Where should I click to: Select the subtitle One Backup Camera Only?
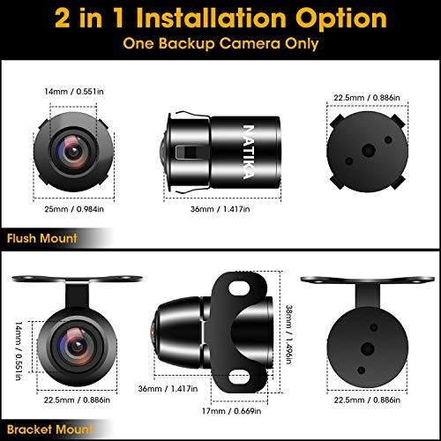pos(220,44)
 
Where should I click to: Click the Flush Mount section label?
pos(41,238)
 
